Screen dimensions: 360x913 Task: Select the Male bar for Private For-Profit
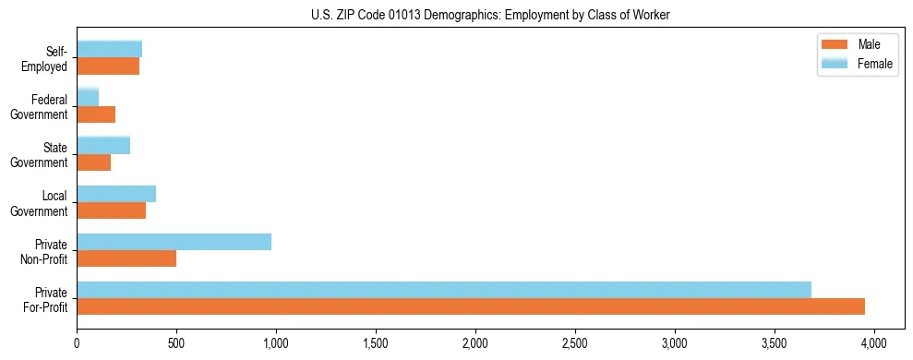click(471, 306)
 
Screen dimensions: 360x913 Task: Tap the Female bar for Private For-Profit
click(444, 290)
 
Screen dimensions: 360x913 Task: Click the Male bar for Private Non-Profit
click(126, 258)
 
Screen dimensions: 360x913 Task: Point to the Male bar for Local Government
click(111, 210)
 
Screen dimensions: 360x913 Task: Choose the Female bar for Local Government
click(116, 194)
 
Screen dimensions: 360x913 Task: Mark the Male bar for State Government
click(93, 162)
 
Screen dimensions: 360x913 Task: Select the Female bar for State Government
click(103, 145)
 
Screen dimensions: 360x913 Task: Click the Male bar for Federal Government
click(96, 114)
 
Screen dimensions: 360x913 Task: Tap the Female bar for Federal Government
click(88, 97)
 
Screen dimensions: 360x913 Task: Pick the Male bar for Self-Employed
click(108, 66)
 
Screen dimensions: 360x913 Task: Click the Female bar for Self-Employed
click(109, 49)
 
